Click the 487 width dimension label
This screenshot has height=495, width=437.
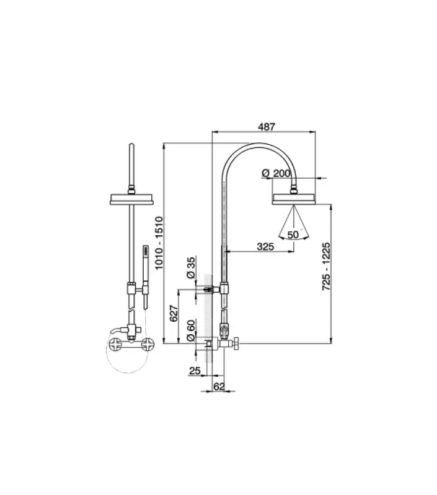(266, 126)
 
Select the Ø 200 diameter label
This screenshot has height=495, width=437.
(277, 174)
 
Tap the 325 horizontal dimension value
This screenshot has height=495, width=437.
(265, 246)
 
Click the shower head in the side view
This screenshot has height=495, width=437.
(294, 198)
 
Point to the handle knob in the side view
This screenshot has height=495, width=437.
(236, 342)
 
